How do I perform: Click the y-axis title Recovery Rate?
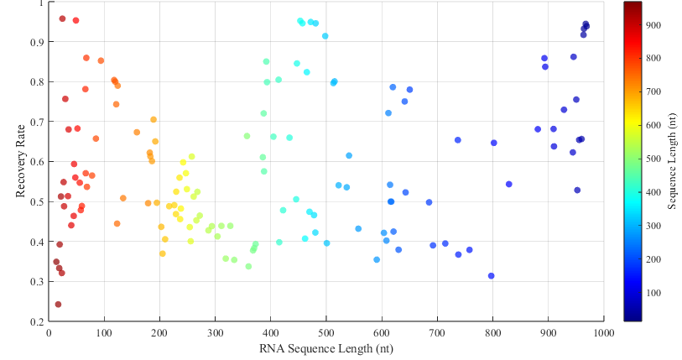pos(19,162)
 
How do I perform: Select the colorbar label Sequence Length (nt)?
pos(672,162)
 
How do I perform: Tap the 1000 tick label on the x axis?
pos(602,333)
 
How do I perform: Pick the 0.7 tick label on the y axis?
pos(36,122)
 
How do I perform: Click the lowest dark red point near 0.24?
pos(58,305)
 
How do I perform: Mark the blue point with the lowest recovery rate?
pos(492,276)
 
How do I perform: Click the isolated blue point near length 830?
pos(509,184)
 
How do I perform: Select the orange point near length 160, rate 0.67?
pos(137,133)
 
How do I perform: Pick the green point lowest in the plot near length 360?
pos(248,267)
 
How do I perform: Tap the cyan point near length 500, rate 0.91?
pos(325,36)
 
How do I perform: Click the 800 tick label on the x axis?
pos(492,333)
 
